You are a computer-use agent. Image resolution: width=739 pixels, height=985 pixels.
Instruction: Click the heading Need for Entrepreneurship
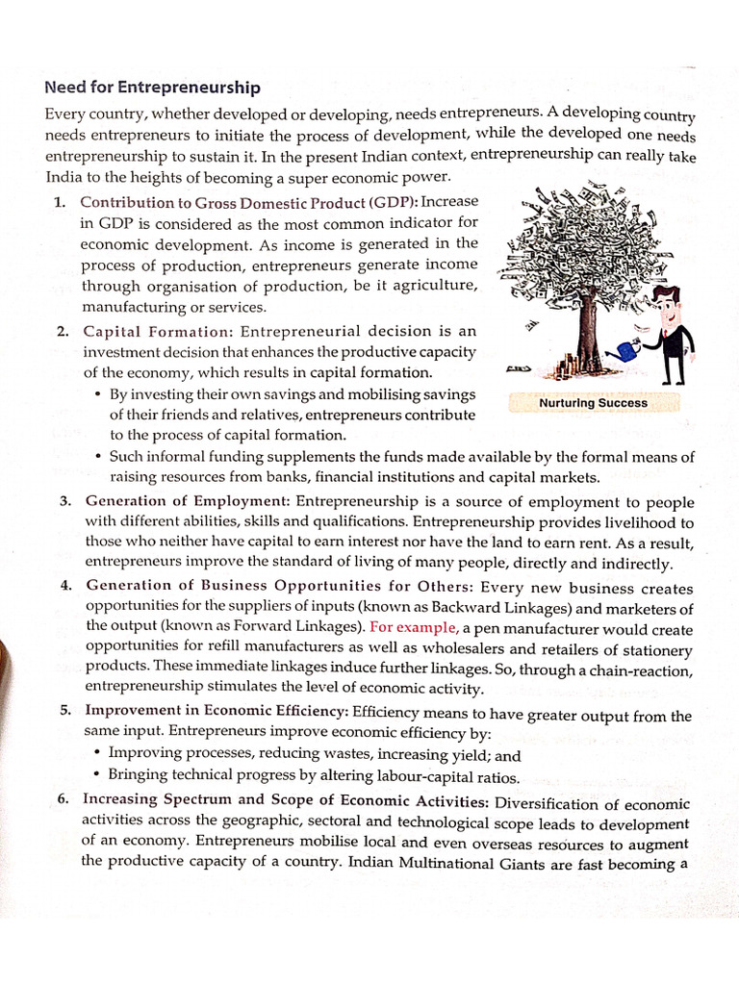(152, 88)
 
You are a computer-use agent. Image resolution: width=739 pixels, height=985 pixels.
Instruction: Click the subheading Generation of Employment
(188, 501)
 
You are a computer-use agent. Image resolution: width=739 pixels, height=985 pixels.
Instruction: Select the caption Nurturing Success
(593, 403)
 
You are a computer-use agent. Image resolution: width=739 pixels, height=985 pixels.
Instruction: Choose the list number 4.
(64, 587)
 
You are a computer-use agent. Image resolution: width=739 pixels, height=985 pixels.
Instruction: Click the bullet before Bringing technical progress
(97, 774)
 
